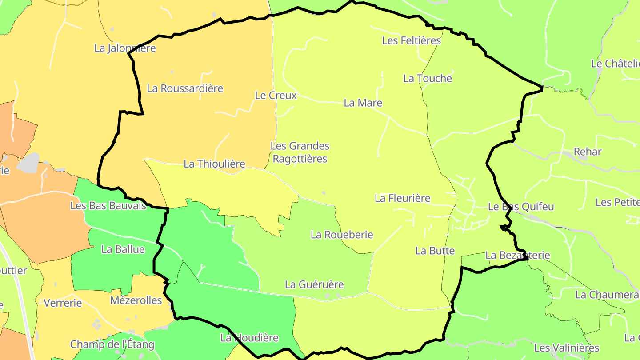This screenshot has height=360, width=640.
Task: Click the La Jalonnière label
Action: coord(125,48)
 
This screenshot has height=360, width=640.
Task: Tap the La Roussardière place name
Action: coord(185,88)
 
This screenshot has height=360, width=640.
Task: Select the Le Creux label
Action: coord(276,95)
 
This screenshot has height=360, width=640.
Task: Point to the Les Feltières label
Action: coord(411,40)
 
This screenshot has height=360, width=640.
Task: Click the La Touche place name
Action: coord(427,78)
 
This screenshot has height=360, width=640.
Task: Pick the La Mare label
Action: coord(363,103)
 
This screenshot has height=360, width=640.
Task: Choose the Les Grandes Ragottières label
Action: coord(300,152)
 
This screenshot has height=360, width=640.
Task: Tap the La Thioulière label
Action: coord(214,164)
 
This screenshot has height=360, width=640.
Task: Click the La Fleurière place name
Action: coord(402,198)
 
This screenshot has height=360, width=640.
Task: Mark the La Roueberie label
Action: coord(342,234)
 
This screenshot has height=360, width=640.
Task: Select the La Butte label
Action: coord(435,250)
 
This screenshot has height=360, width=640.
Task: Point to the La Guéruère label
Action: coord(314,284)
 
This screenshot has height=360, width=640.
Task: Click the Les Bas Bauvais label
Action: coord(108,206)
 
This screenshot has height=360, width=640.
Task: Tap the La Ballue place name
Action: coord(123,249)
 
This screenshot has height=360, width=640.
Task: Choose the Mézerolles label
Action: coord(136,300)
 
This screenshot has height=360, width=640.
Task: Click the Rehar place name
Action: coord(587,152)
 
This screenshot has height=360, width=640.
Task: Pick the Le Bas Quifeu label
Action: coord(521,206)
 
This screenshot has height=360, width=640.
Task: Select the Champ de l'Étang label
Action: coord(112,344)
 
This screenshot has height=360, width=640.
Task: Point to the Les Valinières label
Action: coord(566,348)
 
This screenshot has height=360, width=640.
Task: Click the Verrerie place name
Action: coord(63,303)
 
